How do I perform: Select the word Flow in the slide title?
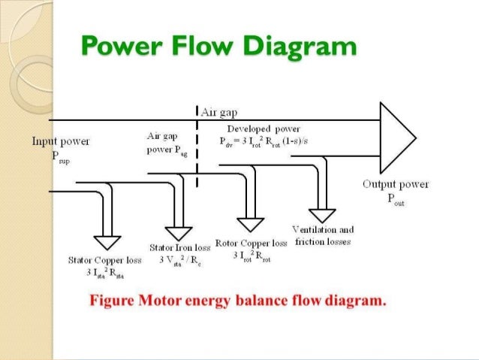[204, 47]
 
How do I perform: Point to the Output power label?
[395, 184]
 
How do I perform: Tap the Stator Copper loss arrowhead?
[107, 242]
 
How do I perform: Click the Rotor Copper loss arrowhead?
[251, 224]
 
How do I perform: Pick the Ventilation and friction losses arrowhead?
[324, 213]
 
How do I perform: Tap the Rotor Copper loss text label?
[251, 244]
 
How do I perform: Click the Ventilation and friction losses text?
[325, 236]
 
